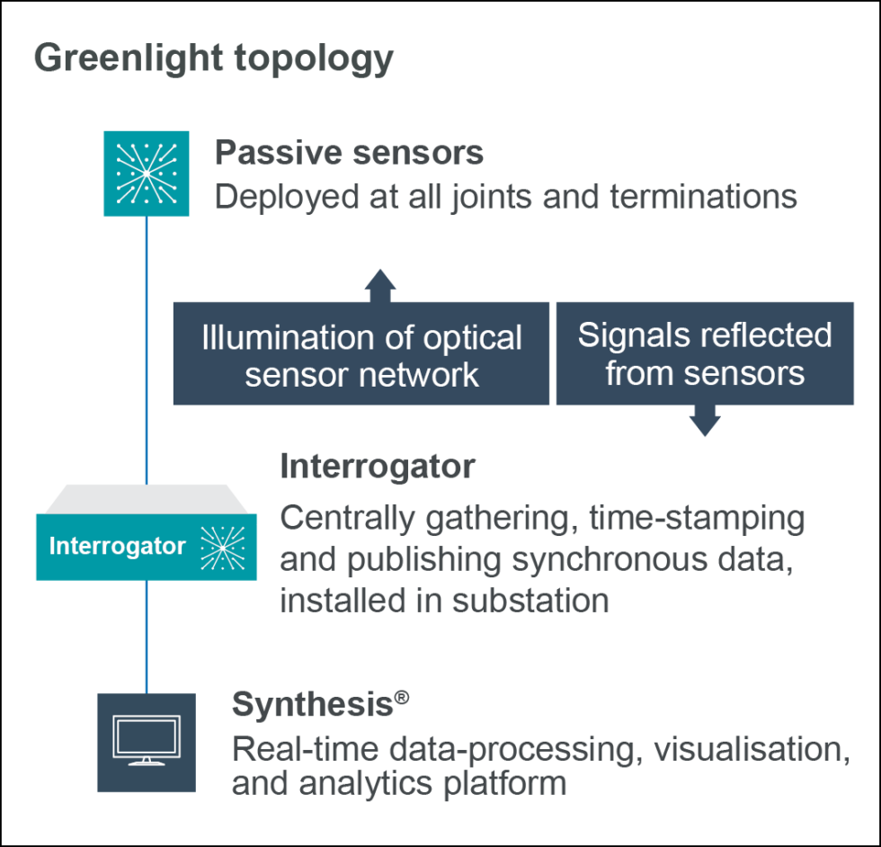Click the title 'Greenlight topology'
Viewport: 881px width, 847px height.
click(214, 58)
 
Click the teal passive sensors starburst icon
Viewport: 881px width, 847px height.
click(146, 173)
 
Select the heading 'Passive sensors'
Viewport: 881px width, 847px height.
click(349, 153)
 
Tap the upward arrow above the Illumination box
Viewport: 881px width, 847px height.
click(380, 284)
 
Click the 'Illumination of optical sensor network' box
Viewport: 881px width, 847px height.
click(360, 354)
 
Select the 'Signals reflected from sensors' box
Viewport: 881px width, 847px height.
click(704, 353)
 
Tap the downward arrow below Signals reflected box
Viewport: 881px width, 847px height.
click(704, 421)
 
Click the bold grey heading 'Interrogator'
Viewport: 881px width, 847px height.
click(377, 468)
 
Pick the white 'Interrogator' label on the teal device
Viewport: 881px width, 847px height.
click(117, 546)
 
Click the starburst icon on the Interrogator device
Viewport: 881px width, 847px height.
click(221, 547)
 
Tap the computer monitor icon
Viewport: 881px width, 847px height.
click(146, 742)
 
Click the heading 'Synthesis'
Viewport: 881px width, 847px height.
click(311, 705)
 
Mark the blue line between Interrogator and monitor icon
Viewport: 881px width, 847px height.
click(146, 635)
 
